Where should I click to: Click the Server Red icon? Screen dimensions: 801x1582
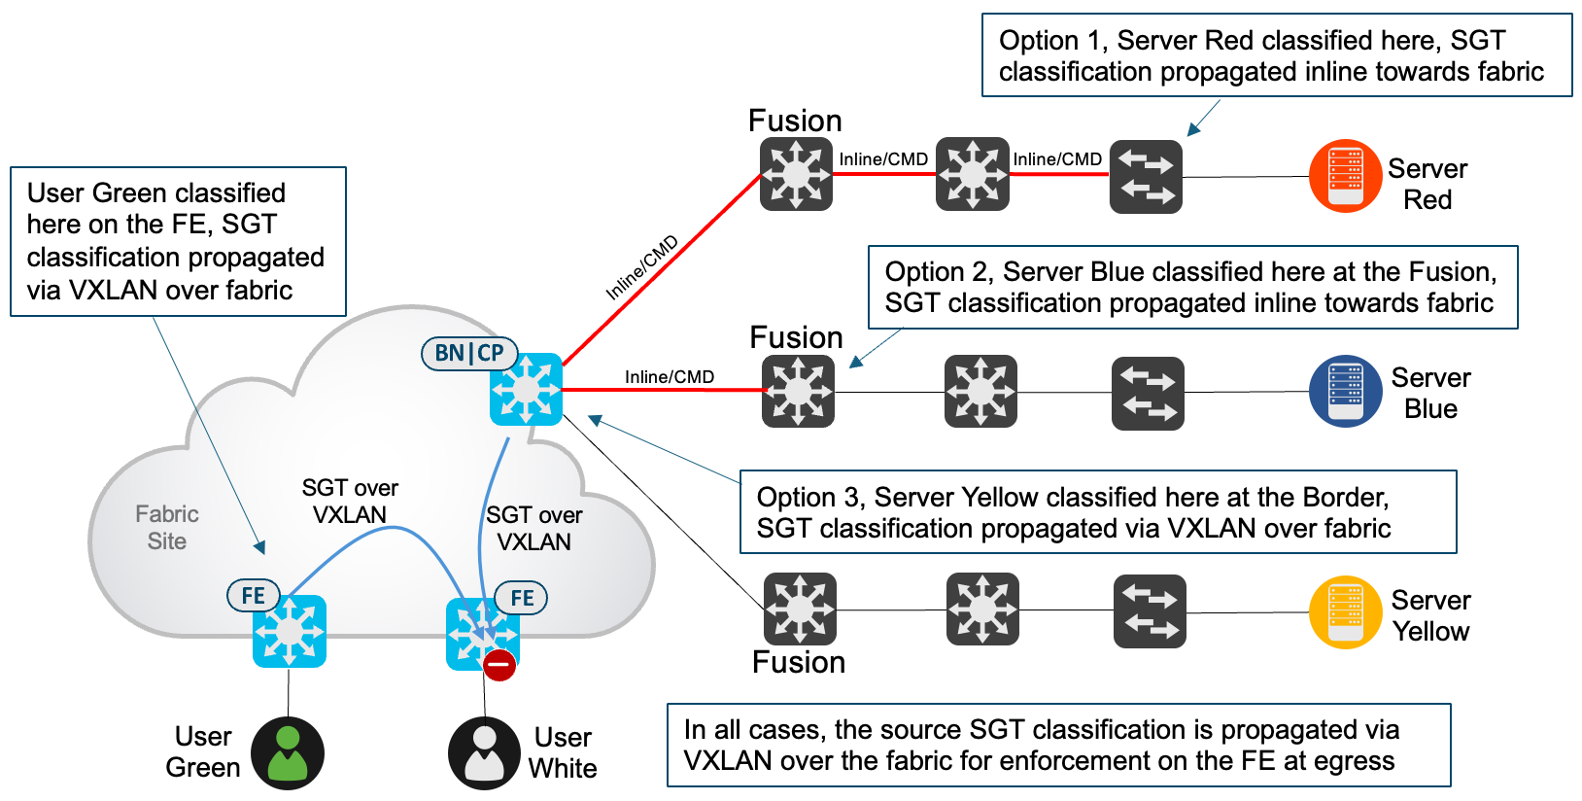[1345, 176]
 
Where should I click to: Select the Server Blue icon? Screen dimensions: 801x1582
[1345, 391]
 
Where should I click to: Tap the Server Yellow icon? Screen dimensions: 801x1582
[1345, 612]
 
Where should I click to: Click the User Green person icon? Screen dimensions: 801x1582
[288, 753]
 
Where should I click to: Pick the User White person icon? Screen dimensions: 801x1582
[484, 753]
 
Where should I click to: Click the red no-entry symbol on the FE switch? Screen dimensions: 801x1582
[499, 666]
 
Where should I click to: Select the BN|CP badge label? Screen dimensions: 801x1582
[469, 353]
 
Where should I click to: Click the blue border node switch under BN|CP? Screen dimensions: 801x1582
[526, 390]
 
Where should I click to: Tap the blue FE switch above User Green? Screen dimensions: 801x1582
[289, 632]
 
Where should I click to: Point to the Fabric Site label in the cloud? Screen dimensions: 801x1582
[167, 528]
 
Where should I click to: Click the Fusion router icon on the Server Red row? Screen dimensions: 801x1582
[796, 175]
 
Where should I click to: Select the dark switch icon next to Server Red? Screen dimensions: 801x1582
[1146, 177]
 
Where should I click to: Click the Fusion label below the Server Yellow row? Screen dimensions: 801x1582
[799, 663]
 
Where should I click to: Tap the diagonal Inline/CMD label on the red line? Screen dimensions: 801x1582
[641, 268]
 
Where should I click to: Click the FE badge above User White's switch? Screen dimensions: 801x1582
[522, 598]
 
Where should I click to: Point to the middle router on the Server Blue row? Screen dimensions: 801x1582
[980, 392]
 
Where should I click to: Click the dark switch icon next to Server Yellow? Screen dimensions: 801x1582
[1150, 611]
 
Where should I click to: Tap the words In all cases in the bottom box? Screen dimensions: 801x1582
[754, 730]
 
